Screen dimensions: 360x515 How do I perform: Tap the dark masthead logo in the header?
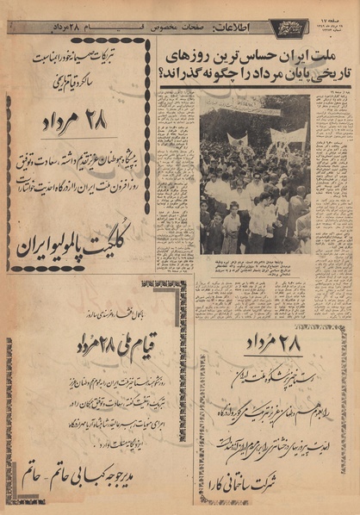pyautogui.click(x=289, y=28)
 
